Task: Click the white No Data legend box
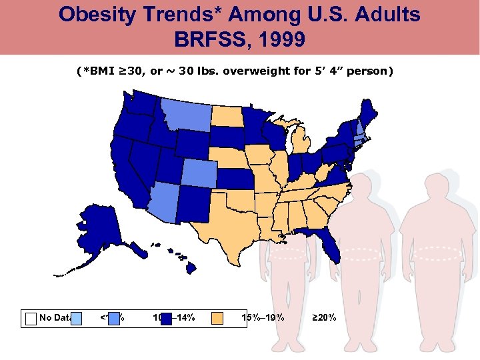(31, 318)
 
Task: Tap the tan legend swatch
(217, 318)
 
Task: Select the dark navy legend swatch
(167, 318)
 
